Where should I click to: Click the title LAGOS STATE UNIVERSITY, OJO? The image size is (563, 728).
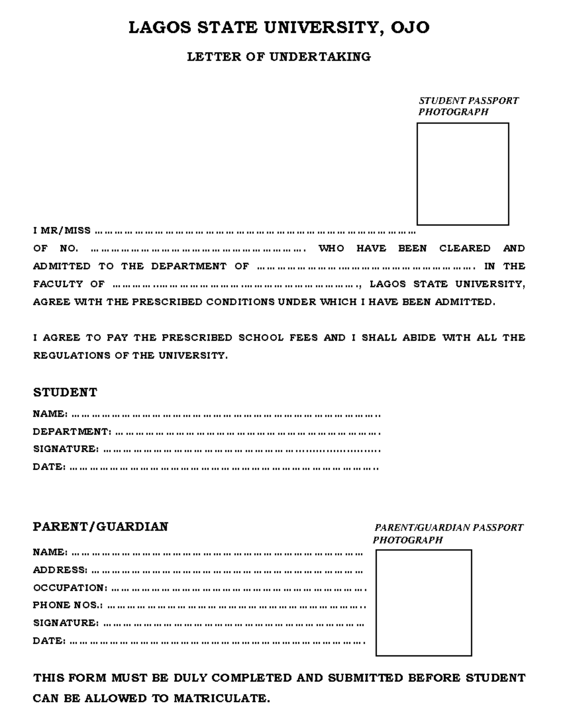pyautogui.click(x=279, y=28)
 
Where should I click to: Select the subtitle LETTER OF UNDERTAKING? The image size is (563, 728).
pyautogui.click(x=279, y=57)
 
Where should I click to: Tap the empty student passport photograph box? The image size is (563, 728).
pyautogui.click(x=463, y=174)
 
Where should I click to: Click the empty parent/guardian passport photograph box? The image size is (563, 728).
pyautogui.click(x=423, y=602)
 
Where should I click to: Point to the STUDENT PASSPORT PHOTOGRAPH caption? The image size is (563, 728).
pyautogui.click(x=468, y=106)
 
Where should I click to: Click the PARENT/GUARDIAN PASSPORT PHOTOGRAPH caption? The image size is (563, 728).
pyautogui.click(x=448, y=533)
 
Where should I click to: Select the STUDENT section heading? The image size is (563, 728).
pyautogui.click(x=65, y=392)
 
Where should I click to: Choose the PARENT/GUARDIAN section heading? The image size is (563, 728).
pyautogui.click(x=100, y=526)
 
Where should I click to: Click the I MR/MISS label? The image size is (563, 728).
pyautogui.click(x=61, y=231)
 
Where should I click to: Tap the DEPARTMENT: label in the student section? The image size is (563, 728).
pyautogui.click(x=72, y=431)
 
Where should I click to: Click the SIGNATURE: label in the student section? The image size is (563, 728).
pyautogui.click(x=66, y=449)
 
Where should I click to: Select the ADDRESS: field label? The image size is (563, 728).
pyautogui.click(x=60, y=570)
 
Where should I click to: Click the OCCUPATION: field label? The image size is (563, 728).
pyautogui.click(x=70, y=588)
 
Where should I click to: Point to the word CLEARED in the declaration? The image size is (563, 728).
pyautogui.click(x=464, y=248)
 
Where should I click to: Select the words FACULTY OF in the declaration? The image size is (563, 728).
pyautogui.click(x=68, y=284)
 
